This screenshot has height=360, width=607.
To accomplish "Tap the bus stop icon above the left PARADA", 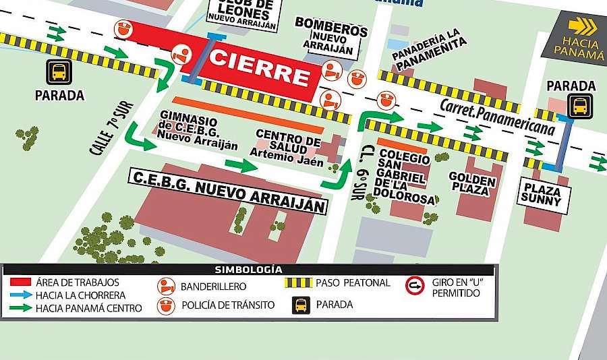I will point(59,71).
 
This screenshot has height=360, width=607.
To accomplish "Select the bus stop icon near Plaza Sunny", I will point(579,107).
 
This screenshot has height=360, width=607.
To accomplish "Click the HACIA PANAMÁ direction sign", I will point(579,38).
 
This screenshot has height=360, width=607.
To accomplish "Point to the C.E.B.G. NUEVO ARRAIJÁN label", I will point(228,189).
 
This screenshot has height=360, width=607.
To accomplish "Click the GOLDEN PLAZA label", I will point(473,185).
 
